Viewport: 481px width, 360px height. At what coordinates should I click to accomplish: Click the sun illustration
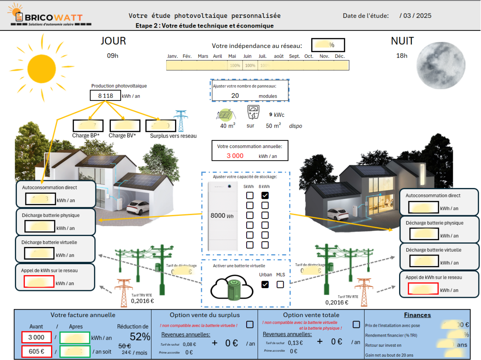click(x=41, y=68)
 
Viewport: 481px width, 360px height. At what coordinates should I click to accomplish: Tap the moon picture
click(x=441, y=65)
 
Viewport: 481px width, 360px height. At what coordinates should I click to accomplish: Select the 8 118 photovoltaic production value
click(x=105, y=96)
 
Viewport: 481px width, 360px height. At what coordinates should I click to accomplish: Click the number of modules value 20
click(x=235, y=95)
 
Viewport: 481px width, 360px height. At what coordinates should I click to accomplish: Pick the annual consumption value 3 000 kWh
click(x=235, y=156)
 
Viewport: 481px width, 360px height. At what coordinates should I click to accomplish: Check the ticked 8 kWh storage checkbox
click(x=265, y=196)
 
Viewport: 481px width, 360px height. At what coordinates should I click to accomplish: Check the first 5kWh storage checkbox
click(x=250, y=196)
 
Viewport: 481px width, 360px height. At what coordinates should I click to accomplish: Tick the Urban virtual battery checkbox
click(x=265, y=285)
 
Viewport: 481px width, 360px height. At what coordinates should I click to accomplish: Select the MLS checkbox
click(x=280, y=285)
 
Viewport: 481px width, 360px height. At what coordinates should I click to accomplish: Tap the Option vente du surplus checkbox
click(x=250, y=325)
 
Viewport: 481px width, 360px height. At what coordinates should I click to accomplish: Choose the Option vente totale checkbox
click(x=356, y=324)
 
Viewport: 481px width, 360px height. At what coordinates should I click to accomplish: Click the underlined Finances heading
click(x=417, y=315)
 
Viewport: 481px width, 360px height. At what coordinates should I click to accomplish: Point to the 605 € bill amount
click(x=36, y=351)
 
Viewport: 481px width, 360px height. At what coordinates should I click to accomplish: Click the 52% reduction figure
click(x=140, y=336)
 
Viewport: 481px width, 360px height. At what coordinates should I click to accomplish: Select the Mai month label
click(x=232, y=56)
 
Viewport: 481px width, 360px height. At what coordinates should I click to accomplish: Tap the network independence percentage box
click(x=328, y=45)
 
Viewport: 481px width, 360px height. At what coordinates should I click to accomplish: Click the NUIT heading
click(x=402, y=41)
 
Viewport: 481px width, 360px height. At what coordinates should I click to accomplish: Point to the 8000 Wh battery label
click(x=222, y=216)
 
